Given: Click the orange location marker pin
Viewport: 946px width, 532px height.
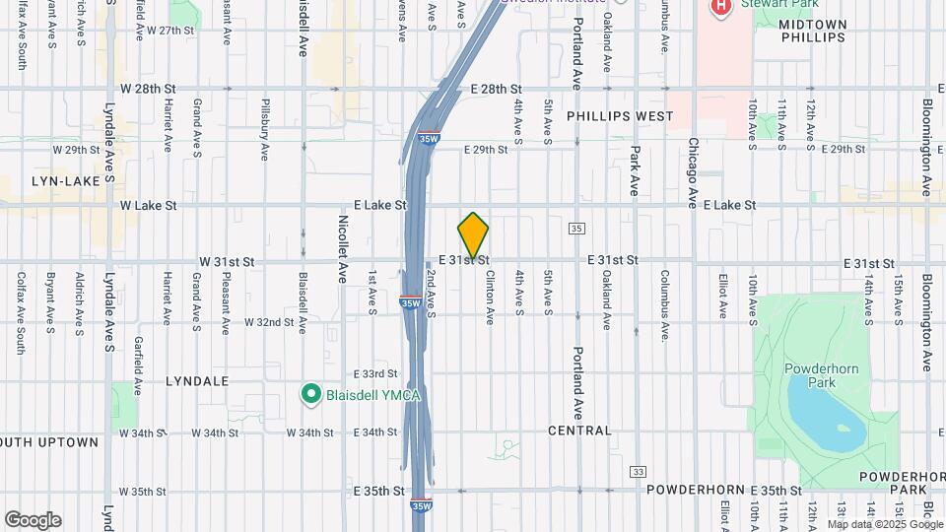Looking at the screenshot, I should [x=473, y=235].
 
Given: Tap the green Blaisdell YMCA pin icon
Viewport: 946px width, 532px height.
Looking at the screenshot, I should [x=310, y=395].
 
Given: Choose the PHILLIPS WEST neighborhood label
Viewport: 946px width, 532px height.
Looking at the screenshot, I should [x=620, y=116].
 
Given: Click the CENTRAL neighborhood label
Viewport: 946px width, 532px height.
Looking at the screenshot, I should [x=580, y=431].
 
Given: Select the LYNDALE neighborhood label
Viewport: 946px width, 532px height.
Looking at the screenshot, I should [x=197, y=380].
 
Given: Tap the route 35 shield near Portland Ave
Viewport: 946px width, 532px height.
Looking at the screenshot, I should [x=576, y=229].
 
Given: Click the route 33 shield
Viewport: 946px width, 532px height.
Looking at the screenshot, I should [x=639, y=472].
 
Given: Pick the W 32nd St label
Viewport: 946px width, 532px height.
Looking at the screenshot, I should [x=255, y=322].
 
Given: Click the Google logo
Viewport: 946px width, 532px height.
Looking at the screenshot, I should [x=33, y=520].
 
